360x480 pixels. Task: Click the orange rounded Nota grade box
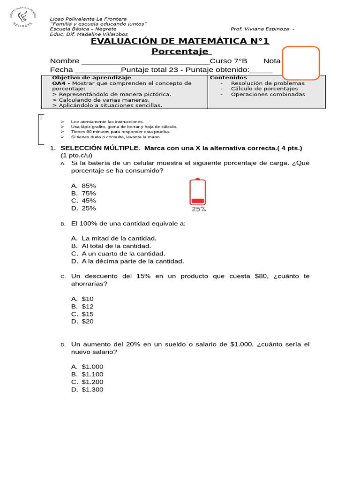pos(300,63)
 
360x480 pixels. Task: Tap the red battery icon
pos(197,192)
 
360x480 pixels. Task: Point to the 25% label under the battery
pos(199,209)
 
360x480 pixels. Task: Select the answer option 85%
pos(88,186)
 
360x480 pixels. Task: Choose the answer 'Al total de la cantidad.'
pos(116,246)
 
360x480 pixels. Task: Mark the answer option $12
pos(87,306)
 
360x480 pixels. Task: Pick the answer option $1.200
pos(92,382)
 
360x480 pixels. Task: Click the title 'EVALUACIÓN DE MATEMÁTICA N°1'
pos(180,41)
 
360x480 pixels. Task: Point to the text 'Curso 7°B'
pos(228,61)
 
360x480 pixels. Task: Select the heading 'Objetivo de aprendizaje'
pos(85,77)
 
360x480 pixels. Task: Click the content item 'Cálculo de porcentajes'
pos(264,89)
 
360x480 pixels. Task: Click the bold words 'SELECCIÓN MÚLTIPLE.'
pos(100,148)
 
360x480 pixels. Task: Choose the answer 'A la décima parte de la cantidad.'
pos(133,261)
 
